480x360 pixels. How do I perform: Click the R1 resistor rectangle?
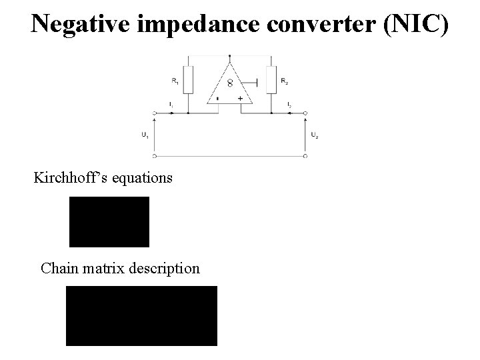[x=188, y=79]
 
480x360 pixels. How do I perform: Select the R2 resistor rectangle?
[x=271, y=79]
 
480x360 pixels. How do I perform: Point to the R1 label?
[x=174, y=81]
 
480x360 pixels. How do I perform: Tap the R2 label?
[x=285, y=81]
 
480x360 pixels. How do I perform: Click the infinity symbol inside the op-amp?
[x=230, y=83]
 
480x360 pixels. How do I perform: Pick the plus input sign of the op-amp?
[x=240, y=98]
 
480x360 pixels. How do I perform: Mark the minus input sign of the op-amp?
[x=218, y=98]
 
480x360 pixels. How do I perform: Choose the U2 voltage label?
[x=315, y=135]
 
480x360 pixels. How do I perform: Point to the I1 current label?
[x=171, y=105]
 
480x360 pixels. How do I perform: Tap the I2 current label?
[x=289, y=105]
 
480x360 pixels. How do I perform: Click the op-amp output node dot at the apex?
[x=229, y=57]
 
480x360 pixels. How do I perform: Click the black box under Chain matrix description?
[x=141, y=315]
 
